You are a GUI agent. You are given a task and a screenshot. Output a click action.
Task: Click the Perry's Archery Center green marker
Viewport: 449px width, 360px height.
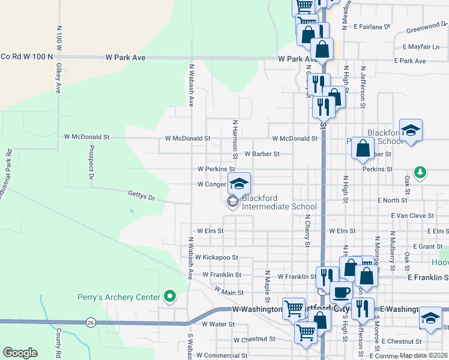point(170,296)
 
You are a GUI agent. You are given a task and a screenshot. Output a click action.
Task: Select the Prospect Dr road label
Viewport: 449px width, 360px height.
point(91,163)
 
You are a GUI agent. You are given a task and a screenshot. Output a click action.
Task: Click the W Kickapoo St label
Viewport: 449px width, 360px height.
point(217,257)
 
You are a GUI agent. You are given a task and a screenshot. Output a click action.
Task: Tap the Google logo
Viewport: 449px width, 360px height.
point(20,353)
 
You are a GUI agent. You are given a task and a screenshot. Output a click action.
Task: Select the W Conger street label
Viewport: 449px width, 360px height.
point(211,184)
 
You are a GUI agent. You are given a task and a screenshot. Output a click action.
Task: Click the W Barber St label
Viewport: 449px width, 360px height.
point(262,154)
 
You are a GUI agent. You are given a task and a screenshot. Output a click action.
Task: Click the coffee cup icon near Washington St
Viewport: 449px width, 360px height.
point(342,292)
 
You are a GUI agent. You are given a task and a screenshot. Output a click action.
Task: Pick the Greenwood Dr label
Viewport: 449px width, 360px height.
point(423,28)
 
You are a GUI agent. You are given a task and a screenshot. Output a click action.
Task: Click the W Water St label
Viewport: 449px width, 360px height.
point(217,324)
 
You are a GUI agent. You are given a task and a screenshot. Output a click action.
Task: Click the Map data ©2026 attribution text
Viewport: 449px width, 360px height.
point(423,355)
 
